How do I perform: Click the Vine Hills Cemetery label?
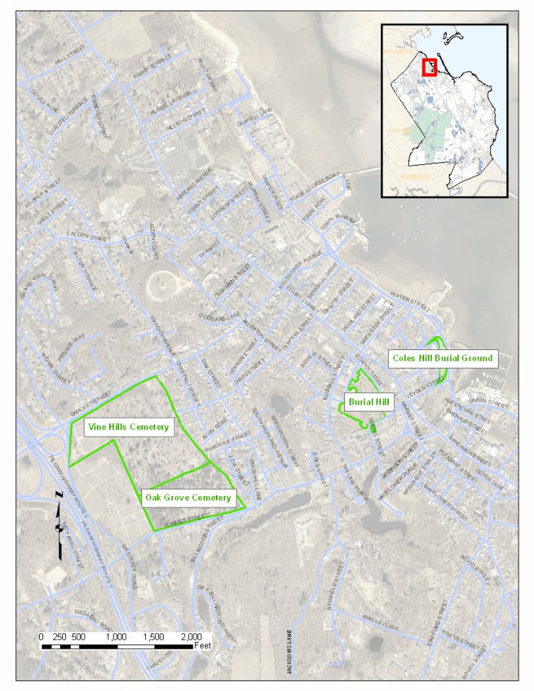[x=128, y=427]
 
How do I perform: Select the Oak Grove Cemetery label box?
[x=188, y=498]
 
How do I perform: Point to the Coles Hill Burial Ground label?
[x=442, y=358]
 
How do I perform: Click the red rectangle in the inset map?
[x=430, y=68]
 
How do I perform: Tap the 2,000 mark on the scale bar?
[x=191, y=637]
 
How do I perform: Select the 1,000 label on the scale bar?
[x=115, y=637]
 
